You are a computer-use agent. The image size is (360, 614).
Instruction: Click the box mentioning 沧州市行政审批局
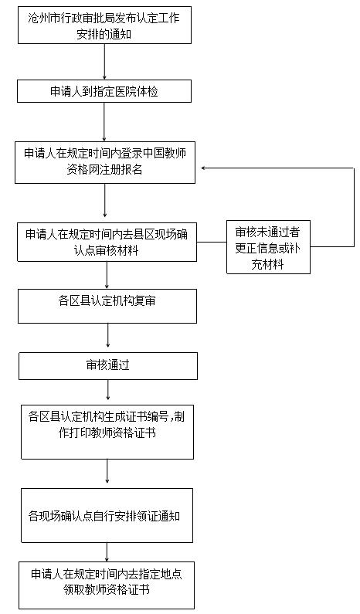104,25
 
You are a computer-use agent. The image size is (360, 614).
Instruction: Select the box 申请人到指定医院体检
104,91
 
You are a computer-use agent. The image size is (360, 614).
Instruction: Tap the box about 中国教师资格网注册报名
105,162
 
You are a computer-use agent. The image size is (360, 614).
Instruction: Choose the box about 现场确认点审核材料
107,242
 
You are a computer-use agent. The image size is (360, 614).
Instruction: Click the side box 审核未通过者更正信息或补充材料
268,247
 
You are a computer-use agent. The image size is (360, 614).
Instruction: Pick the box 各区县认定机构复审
107,306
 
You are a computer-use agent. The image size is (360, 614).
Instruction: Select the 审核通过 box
108,366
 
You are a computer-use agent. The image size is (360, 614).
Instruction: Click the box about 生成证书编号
107,433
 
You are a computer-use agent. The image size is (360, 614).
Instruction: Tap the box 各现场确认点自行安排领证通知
107,515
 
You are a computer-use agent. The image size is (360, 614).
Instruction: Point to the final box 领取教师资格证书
107,585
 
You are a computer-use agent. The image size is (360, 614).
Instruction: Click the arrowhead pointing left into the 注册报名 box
204,168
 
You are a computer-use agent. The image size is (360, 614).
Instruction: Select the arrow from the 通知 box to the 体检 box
104,62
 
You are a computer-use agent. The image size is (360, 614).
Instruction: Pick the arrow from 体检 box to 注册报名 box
104,122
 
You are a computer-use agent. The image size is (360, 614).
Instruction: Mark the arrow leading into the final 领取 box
107,552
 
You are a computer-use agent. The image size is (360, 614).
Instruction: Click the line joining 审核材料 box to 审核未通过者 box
212,242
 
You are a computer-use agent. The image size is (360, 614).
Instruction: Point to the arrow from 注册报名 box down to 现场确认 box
105,201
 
